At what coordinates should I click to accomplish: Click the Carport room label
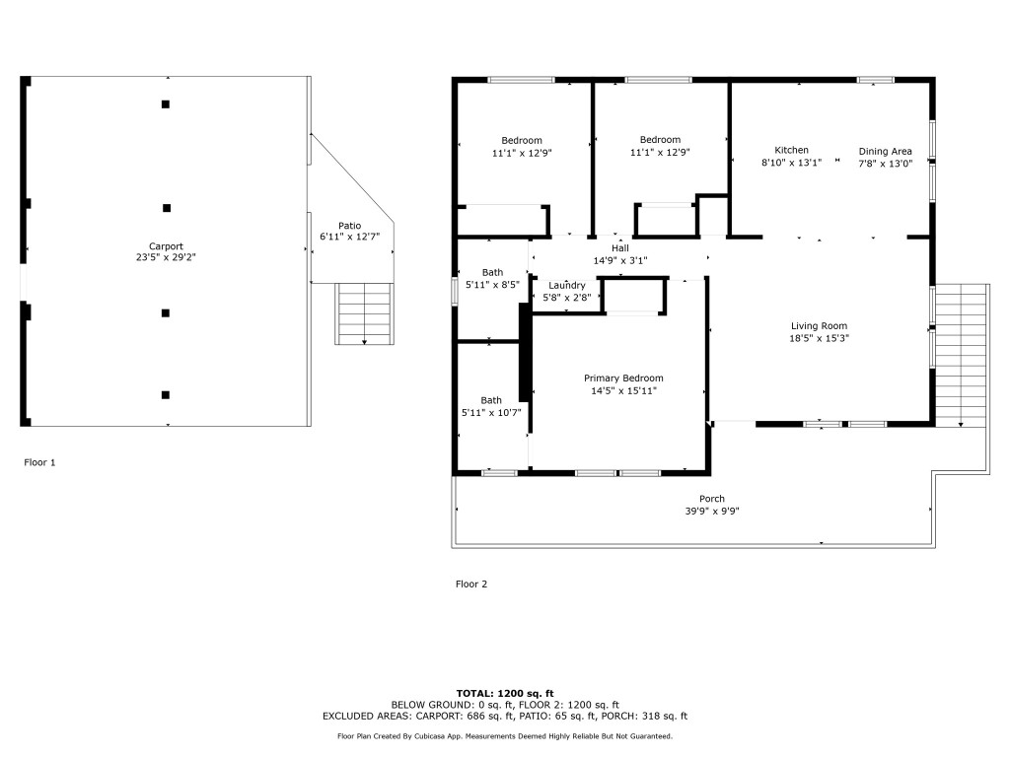pos(166,246)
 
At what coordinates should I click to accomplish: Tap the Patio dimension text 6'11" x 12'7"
pos(349,237)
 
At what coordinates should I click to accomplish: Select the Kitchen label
pos(791,150)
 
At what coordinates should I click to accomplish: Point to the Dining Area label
pos(885,151)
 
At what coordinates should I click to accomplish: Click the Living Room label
pos(819,325)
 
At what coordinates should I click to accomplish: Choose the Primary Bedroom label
pos(623,378)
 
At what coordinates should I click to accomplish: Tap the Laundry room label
pos(567,285)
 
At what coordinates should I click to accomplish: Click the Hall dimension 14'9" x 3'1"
pos(619,261)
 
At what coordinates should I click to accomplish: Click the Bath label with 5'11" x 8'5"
pos(492,272)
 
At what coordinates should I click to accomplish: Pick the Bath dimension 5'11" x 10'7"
pos(491,412)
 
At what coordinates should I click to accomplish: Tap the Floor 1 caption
pos(40,461)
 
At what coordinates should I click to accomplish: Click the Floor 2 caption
pos(471,584)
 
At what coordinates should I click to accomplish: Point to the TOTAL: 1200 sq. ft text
pos(504,692)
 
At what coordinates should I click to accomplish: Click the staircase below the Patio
pos(365,313)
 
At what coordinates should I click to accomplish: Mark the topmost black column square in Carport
pos(166,103)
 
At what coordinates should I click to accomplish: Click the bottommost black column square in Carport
pos(166,394)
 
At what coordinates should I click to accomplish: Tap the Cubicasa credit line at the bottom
pos(504,736)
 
